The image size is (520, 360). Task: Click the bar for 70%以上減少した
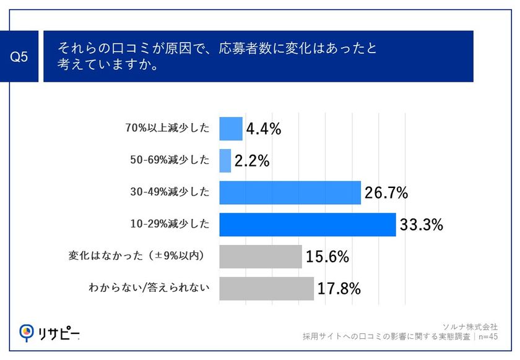pyautogui.click(x=231, y=129)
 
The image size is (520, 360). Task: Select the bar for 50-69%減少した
pyautogui.click(x=225, y=161)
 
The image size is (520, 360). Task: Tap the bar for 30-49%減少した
pyautogui.click(x=290, y=192)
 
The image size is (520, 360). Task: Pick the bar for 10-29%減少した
pyautogui.click(x=307, y=225)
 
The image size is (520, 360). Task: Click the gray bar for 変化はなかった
pyautogui.click(x=261, y=256)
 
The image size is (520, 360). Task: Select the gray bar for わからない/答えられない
pyautogui.click(x=266, y=288)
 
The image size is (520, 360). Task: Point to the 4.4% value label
pyautogui.click(x=264, y=129)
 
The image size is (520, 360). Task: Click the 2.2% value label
pyautogui.click(x=252, y=161)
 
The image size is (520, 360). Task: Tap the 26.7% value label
pyautogui.click(x=386, y=193)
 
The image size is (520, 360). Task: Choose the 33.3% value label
pyautogui.click(x=421, y=225)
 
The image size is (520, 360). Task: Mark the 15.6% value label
pyautogui.click(x=327, y=257)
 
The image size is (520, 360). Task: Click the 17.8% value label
pyautogui.click(x=339, y=288)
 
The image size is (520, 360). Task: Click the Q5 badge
pyautogui.click(x=20, y=57)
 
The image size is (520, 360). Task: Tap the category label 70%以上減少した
pyautogui.click(x=167, y=129)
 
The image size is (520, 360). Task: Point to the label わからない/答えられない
pyautogui.click(x=149, y=288)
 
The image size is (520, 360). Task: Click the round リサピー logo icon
pyautogui.click(x=27, y=332)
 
